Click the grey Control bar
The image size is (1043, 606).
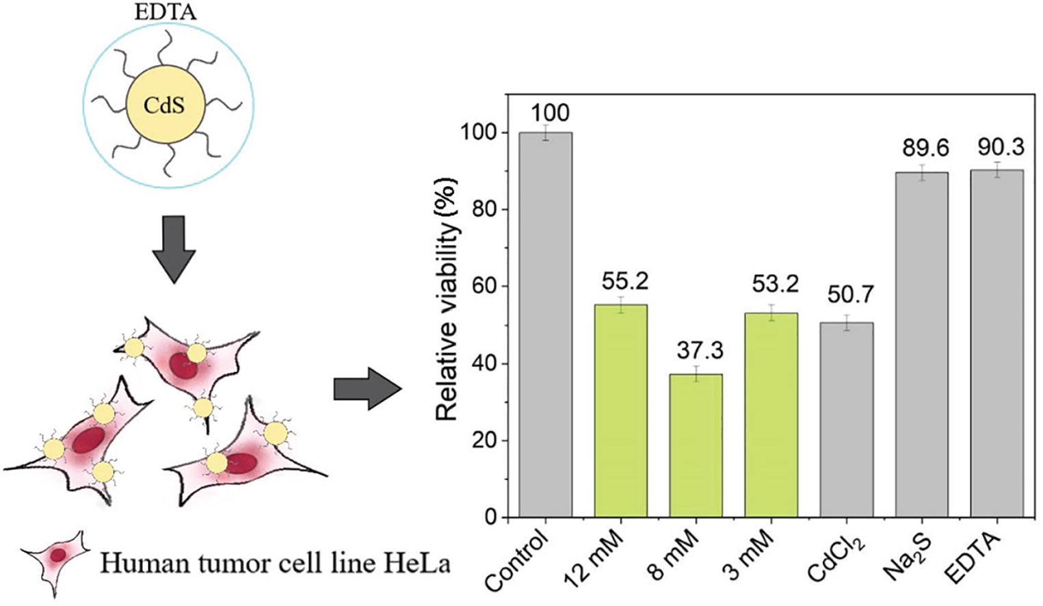pyautogui.click(x=545, y=325)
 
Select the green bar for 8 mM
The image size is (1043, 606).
pyautogui.click(x=696, y=445)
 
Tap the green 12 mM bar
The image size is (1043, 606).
pyautogui.click(x=620, y=410)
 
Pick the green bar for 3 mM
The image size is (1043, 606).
pyautogui.click(x=771, y=414)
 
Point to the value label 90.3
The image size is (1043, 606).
pyautogui.click(x=1001, y=146)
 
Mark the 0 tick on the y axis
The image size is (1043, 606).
pyautogui.click(x=492, y=518)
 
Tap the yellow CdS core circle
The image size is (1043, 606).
pyautogui.click(x=165, y=106)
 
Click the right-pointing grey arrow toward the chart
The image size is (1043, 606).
pyautogui.click(x=367, y=388)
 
